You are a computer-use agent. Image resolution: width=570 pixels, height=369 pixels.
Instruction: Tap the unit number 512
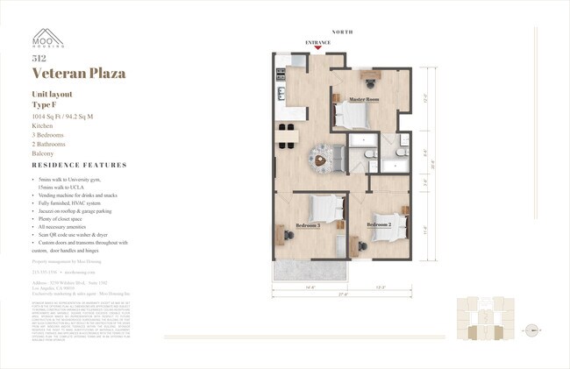click(x=38, y=59)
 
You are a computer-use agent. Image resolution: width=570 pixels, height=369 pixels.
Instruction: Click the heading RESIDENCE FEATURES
click(x=79, y=165)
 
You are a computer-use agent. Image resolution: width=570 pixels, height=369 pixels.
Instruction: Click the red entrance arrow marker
click(x=318, y=48)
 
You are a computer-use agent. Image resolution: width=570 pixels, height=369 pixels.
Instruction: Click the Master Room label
click(x=362, y=100)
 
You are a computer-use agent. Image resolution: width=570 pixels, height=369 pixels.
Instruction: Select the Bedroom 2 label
click(x=379, y=225)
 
